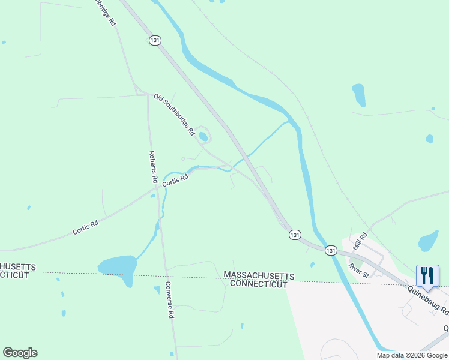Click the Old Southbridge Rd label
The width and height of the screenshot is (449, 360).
click(174, 113)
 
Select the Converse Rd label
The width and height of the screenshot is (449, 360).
click(169, 299)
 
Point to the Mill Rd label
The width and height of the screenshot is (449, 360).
click(360, 242)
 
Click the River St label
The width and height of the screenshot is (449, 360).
click(359, 269)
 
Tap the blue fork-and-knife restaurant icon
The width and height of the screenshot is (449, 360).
click(427, 275)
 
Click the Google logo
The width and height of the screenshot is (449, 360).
click(20, 353)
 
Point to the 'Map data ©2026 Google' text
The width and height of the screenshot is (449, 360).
click(411, 355)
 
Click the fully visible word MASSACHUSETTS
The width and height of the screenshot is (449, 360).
click(259, 275)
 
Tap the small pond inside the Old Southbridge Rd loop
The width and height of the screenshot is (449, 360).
click(203, 137)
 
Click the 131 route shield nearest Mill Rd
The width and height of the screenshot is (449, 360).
click(331, 250)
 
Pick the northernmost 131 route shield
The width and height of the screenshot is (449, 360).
click(155, 40)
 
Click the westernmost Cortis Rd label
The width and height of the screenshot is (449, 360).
click(86, 227)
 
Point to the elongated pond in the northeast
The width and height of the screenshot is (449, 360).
click(358, 95)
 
